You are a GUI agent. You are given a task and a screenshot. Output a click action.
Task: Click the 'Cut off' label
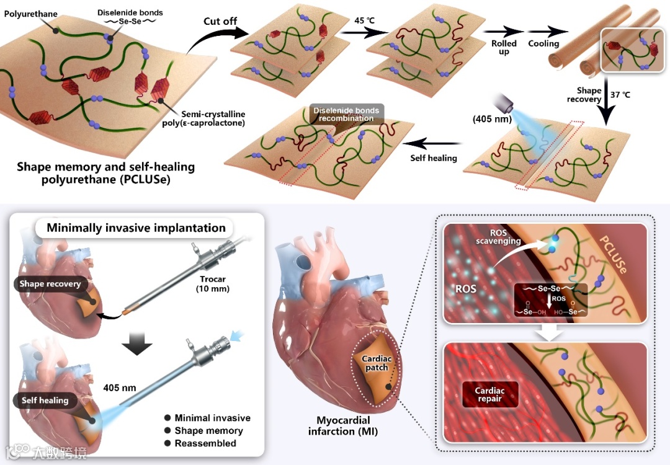[220, 22]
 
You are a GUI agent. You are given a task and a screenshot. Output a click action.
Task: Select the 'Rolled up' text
[504, 47]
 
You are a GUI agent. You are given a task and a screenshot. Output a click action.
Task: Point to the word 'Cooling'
[543, 43]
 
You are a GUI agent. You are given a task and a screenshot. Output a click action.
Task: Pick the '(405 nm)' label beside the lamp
[490, 118]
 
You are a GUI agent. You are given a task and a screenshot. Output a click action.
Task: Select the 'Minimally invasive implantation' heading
[136, 228]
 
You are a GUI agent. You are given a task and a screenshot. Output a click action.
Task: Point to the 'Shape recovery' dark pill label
[50, 284]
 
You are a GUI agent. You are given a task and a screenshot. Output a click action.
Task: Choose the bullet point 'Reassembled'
[205, 443]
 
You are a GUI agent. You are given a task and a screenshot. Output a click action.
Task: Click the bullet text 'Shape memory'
[208, 431]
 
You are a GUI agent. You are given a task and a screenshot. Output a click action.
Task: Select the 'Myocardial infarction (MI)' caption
[342, 425]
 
